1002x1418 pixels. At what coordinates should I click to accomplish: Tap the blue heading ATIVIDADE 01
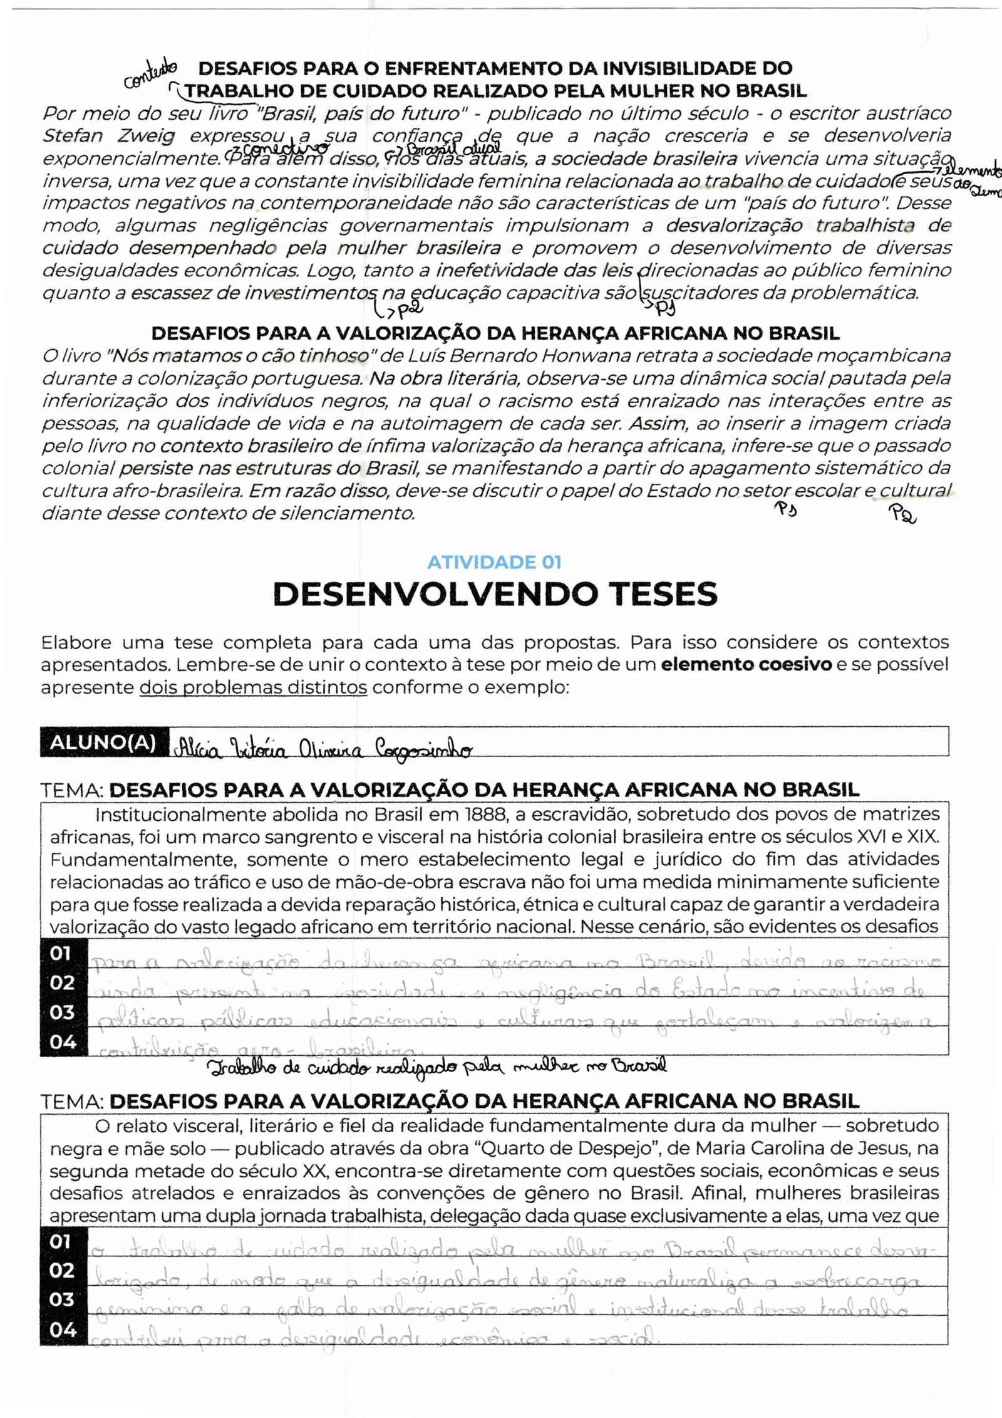click(x=494, y=562)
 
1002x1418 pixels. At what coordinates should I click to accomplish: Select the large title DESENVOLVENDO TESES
click(x=495, y=594)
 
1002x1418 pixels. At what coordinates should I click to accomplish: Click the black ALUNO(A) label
click(x=103, y=743)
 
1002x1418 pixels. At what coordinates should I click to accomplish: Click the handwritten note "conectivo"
click(x=281, y=149)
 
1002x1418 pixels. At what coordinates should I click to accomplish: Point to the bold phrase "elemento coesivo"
click(x=746, y=665)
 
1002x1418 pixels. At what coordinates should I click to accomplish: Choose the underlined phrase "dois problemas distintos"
click(x=253, y=687)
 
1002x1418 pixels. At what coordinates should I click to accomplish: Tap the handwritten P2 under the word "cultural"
click(x=902, y=514)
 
